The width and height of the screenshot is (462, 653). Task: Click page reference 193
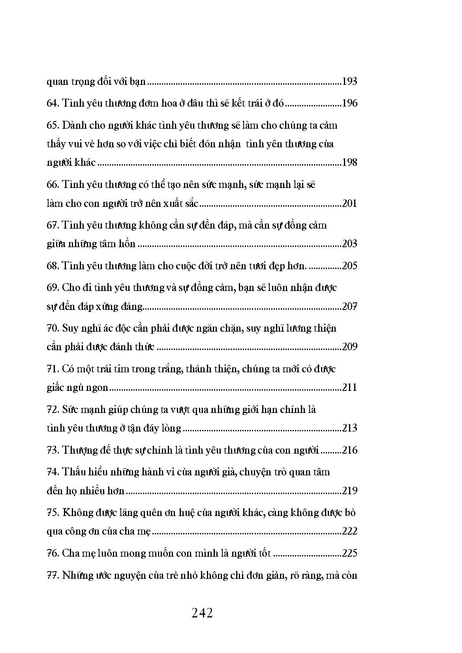point(349,82)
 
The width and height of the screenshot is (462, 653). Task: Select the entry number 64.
point(52,103)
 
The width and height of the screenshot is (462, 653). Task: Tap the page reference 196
point(349,103)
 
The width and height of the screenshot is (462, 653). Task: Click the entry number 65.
point(52,126)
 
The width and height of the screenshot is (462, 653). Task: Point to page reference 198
point(349,162)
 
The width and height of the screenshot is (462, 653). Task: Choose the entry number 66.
point(52,185)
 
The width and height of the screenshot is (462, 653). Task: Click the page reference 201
point(349,203)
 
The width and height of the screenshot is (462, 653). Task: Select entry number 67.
point(52,225)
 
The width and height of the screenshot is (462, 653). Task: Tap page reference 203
point(349,244)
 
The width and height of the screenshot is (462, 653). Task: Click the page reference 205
point(349,266)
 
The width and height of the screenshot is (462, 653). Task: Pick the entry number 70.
point(52,328)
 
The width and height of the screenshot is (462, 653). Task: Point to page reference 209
point(349,347)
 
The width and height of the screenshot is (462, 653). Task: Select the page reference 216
point(349,450)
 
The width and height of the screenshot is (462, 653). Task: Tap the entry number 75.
point(52,513)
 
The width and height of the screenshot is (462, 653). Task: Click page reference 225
point(349,553)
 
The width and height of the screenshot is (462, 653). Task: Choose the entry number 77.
point(52,575)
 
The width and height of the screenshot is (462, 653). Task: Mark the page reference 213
point(349,428)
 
